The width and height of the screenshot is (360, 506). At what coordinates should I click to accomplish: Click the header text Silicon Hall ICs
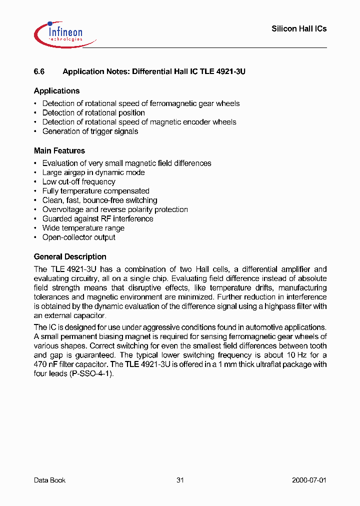[298, 29]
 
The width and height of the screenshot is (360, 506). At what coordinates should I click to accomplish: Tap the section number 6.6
[39, 71]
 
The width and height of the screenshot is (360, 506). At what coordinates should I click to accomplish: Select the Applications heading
[56, 91]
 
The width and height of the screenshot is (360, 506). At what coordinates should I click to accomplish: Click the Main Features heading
[59, 150]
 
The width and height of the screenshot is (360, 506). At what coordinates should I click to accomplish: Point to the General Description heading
[70, 256]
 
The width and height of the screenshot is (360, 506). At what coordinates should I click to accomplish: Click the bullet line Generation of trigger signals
[90, 131]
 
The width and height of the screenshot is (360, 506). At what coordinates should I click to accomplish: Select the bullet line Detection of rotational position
[93, 113]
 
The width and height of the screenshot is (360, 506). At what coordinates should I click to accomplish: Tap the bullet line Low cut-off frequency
[78, 182]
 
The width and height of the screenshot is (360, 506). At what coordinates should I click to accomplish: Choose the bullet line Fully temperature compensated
[95, 191]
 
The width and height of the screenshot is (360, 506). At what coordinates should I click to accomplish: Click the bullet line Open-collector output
[78, 237]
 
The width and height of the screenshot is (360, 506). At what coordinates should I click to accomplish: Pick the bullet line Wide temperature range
[83, 228]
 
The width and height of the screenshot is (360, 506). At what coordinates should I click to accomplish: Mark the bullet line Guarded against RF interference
[97, 219]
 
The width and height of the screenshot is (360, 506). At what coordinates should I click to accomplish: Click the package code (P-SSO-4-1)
[91, 373]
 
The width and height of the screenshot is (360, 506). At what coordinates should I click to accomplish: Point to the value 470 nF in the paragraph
[45, 364]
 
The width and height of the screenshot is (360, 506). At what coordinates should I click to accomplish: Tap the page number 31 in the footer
[180, 480]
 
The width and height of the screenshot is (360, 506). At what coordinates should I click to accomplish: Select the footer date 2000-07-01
[309, 480]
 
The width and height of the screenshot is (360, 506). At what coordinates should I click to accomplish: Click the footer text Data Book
[49, 480]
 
